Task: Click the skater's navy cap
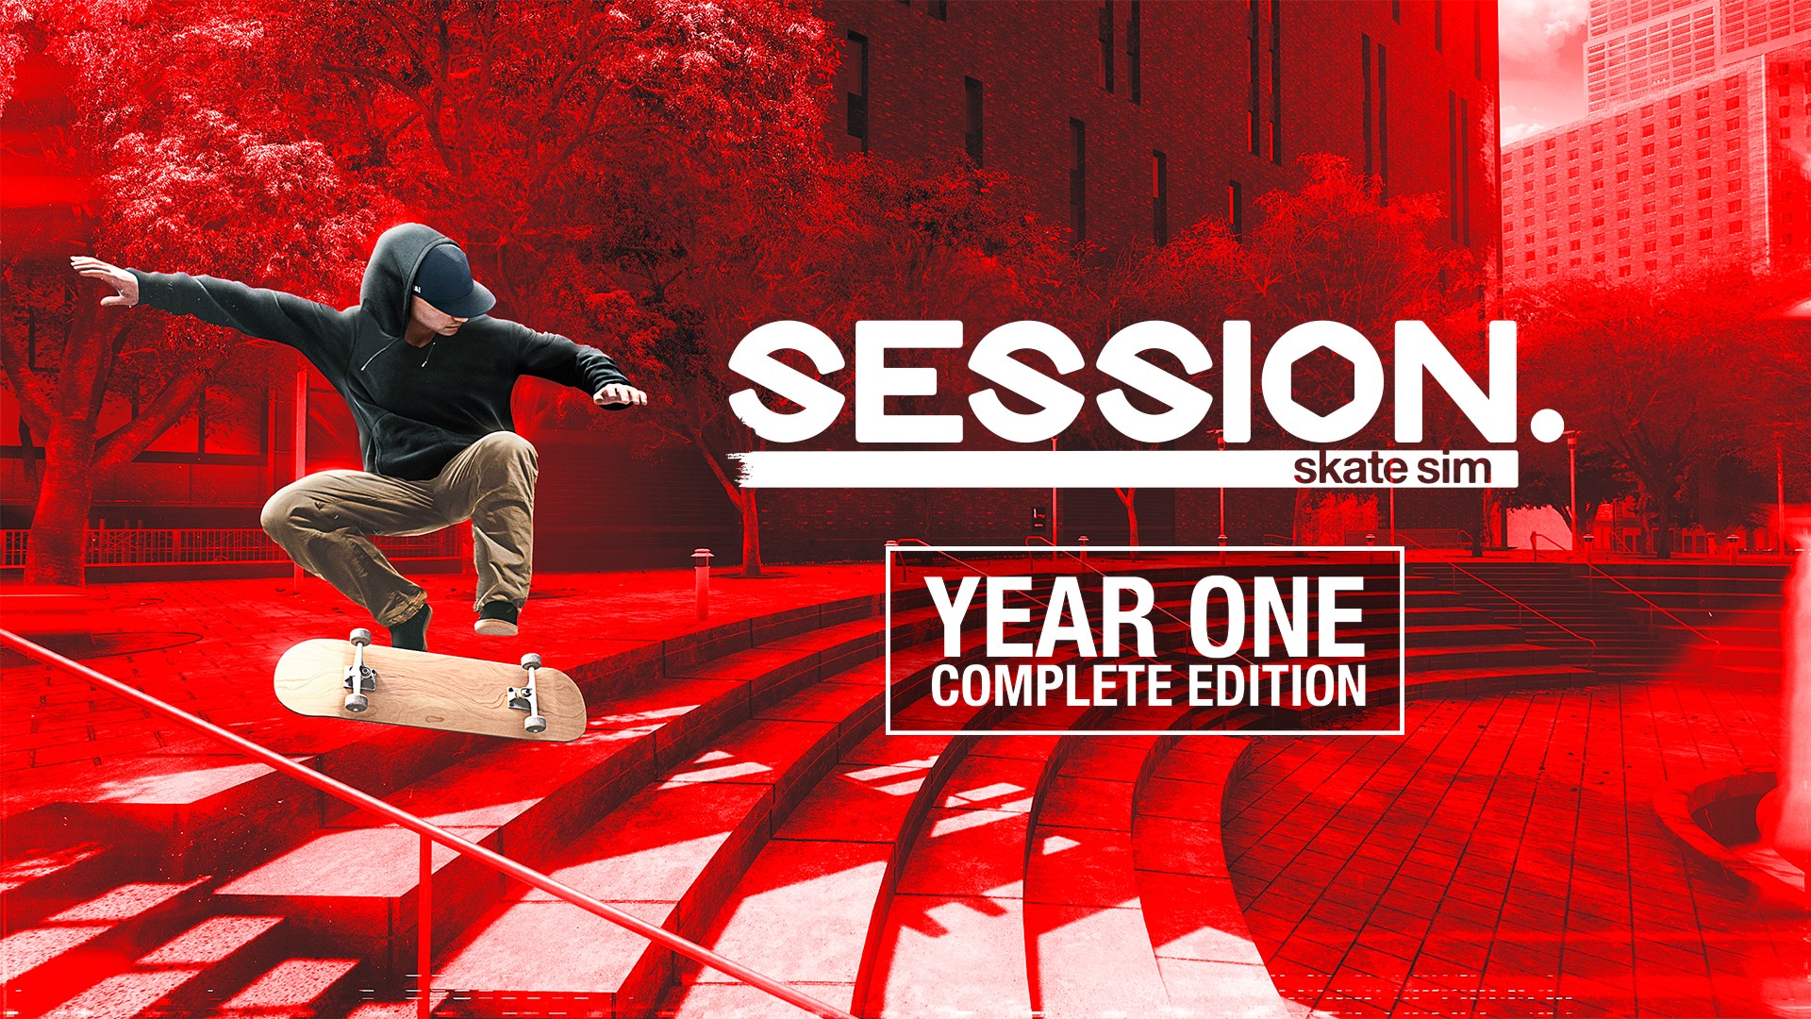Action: (x=452, y=279)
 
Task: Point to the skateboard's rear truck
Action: (x=359, y=670)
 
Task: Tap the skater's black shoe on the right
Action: (x=497, y=618)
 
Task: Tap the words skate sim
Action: (x=1391, y=469)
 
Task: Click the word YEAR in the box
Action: (x=1040, y=618)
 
